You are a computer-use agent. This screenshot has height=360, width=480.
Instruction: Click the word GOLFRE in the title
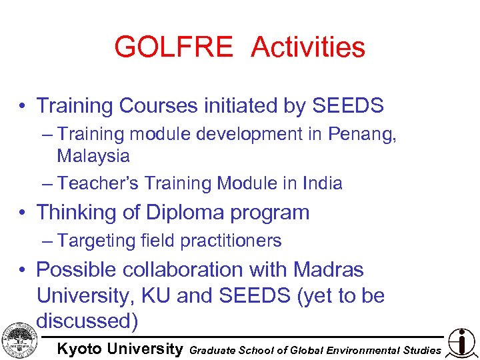click(173, 47)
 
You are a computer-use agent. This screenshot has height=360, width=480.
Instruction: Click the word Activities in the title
click(308, 47)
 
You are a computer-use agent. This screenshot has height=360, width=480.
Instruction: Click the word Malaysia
click(93, 156)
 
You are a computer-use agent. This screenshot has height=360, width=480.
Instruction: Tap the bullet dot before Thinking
click(23, 213)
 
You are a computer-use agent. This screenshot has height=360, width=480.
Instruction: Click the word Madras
click(328, 269)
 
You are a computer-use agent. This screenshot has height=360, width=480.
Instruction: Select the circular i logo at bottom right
click(461, 342)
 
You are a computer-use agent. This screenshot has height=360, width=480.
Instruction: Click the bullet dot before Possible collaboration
click(23, 270)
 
